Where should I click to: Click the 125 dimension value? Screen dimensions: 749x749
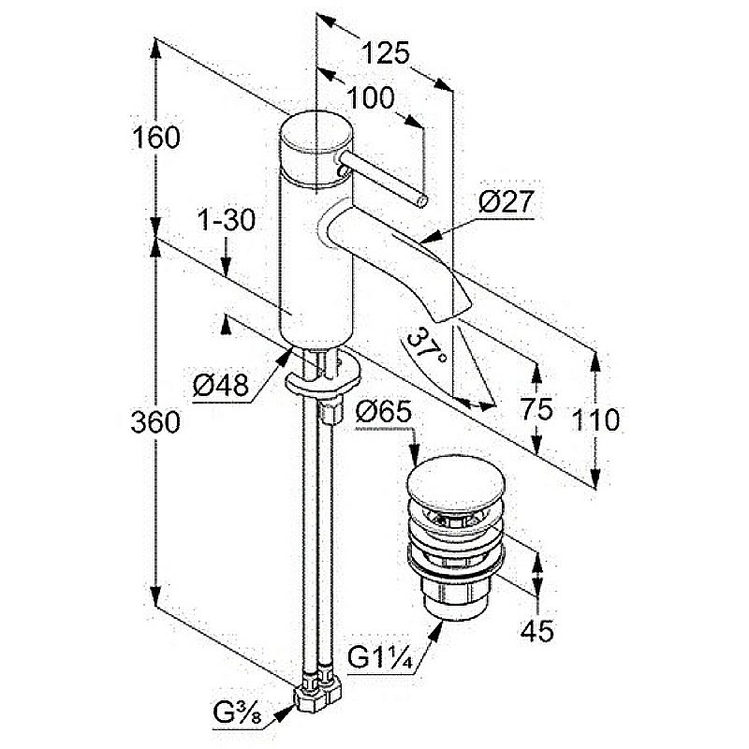pyautogui.click(x=385, y=53)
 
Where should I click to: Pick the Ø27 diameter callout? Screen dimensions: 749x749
pyautogui.click(x=505, y=200)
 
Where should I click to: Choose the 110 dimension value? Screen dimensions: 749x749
pyautogui.click(x=595, y=420)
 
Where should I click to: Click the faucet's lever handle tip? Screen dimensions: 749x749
pyautogui.click(x=422, y=200)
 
